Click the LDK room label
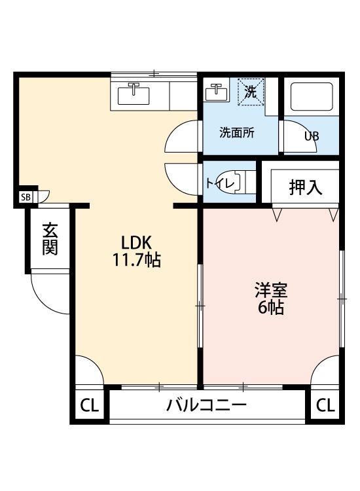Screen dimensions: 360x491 [x=137, y=242]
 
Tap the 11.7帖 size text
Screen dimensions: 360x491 [x=137, y=260]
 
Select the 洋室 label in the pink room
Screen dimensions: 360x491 [x=271, y=290]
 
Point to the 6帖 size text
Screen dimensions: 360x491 [x=271, y=308]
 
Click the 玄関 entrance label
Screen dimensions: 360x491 [x=50, y=238]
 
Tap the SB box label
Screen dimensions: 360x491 [x=26, y=197]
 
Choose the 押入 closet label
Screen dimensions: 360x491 [x=305, y=187]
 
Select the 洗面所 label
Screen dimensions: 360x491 [x=237, y=133]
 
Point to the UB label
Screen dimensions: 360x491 [x=312, y=136]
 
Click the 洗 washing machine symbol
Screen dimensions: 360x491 [x=251, y=91]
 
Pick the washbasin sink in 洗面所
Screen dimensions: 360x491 [x=216, y=93]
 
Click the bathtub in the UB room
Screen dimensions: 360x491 [x=312, y=96]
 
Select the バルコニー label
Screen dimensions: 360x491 [x=207, y=405]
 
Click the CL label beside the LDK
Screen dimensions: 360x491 [x=90, y=405]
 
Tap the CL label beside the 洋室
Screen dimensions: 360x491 [x=325, y=405]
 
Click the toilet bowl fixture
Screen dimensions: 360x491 [x=228, y=183]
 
